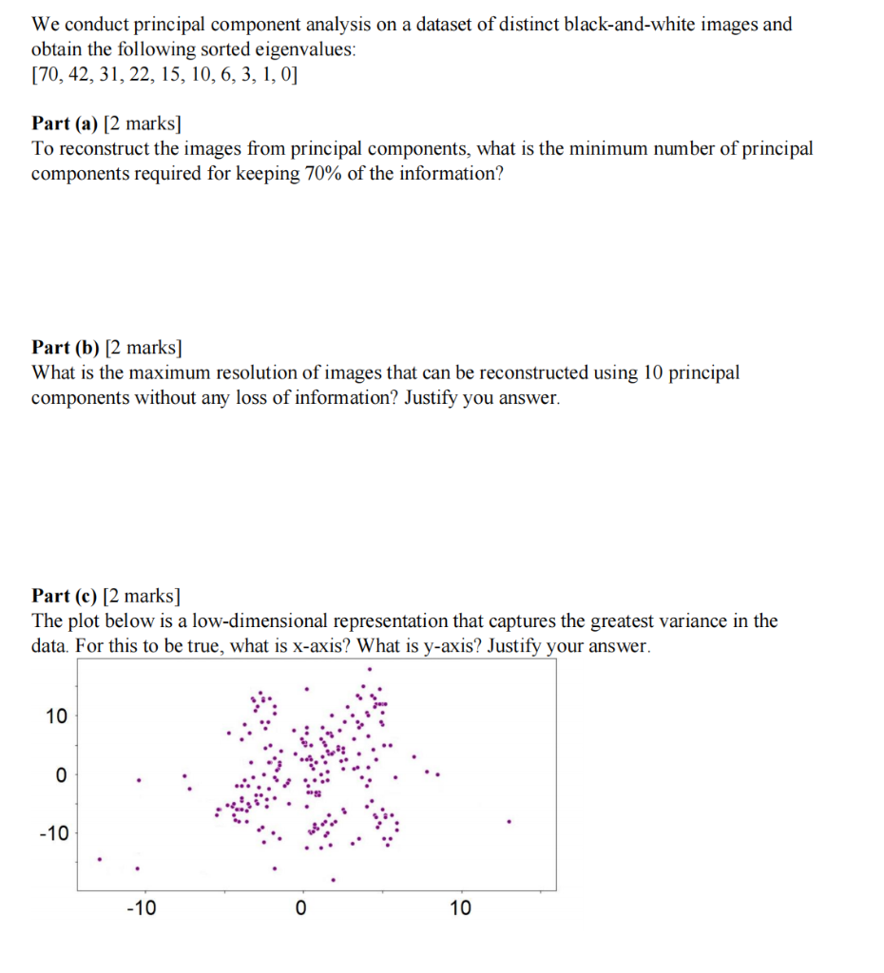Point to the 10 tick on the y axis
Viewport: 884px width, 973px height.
pos(56,716)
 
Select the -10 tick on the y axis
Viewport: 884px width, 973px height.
pos(53,834)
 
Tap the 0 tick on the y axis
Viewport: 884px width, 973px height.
pos(62,775)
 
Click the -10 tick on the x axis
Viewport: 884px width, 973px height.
pos(142,909)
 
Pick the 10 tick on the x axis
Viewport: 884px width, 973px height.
pos(460,909)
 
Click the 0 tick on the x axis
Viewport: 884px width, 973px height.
pos(301,909)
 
